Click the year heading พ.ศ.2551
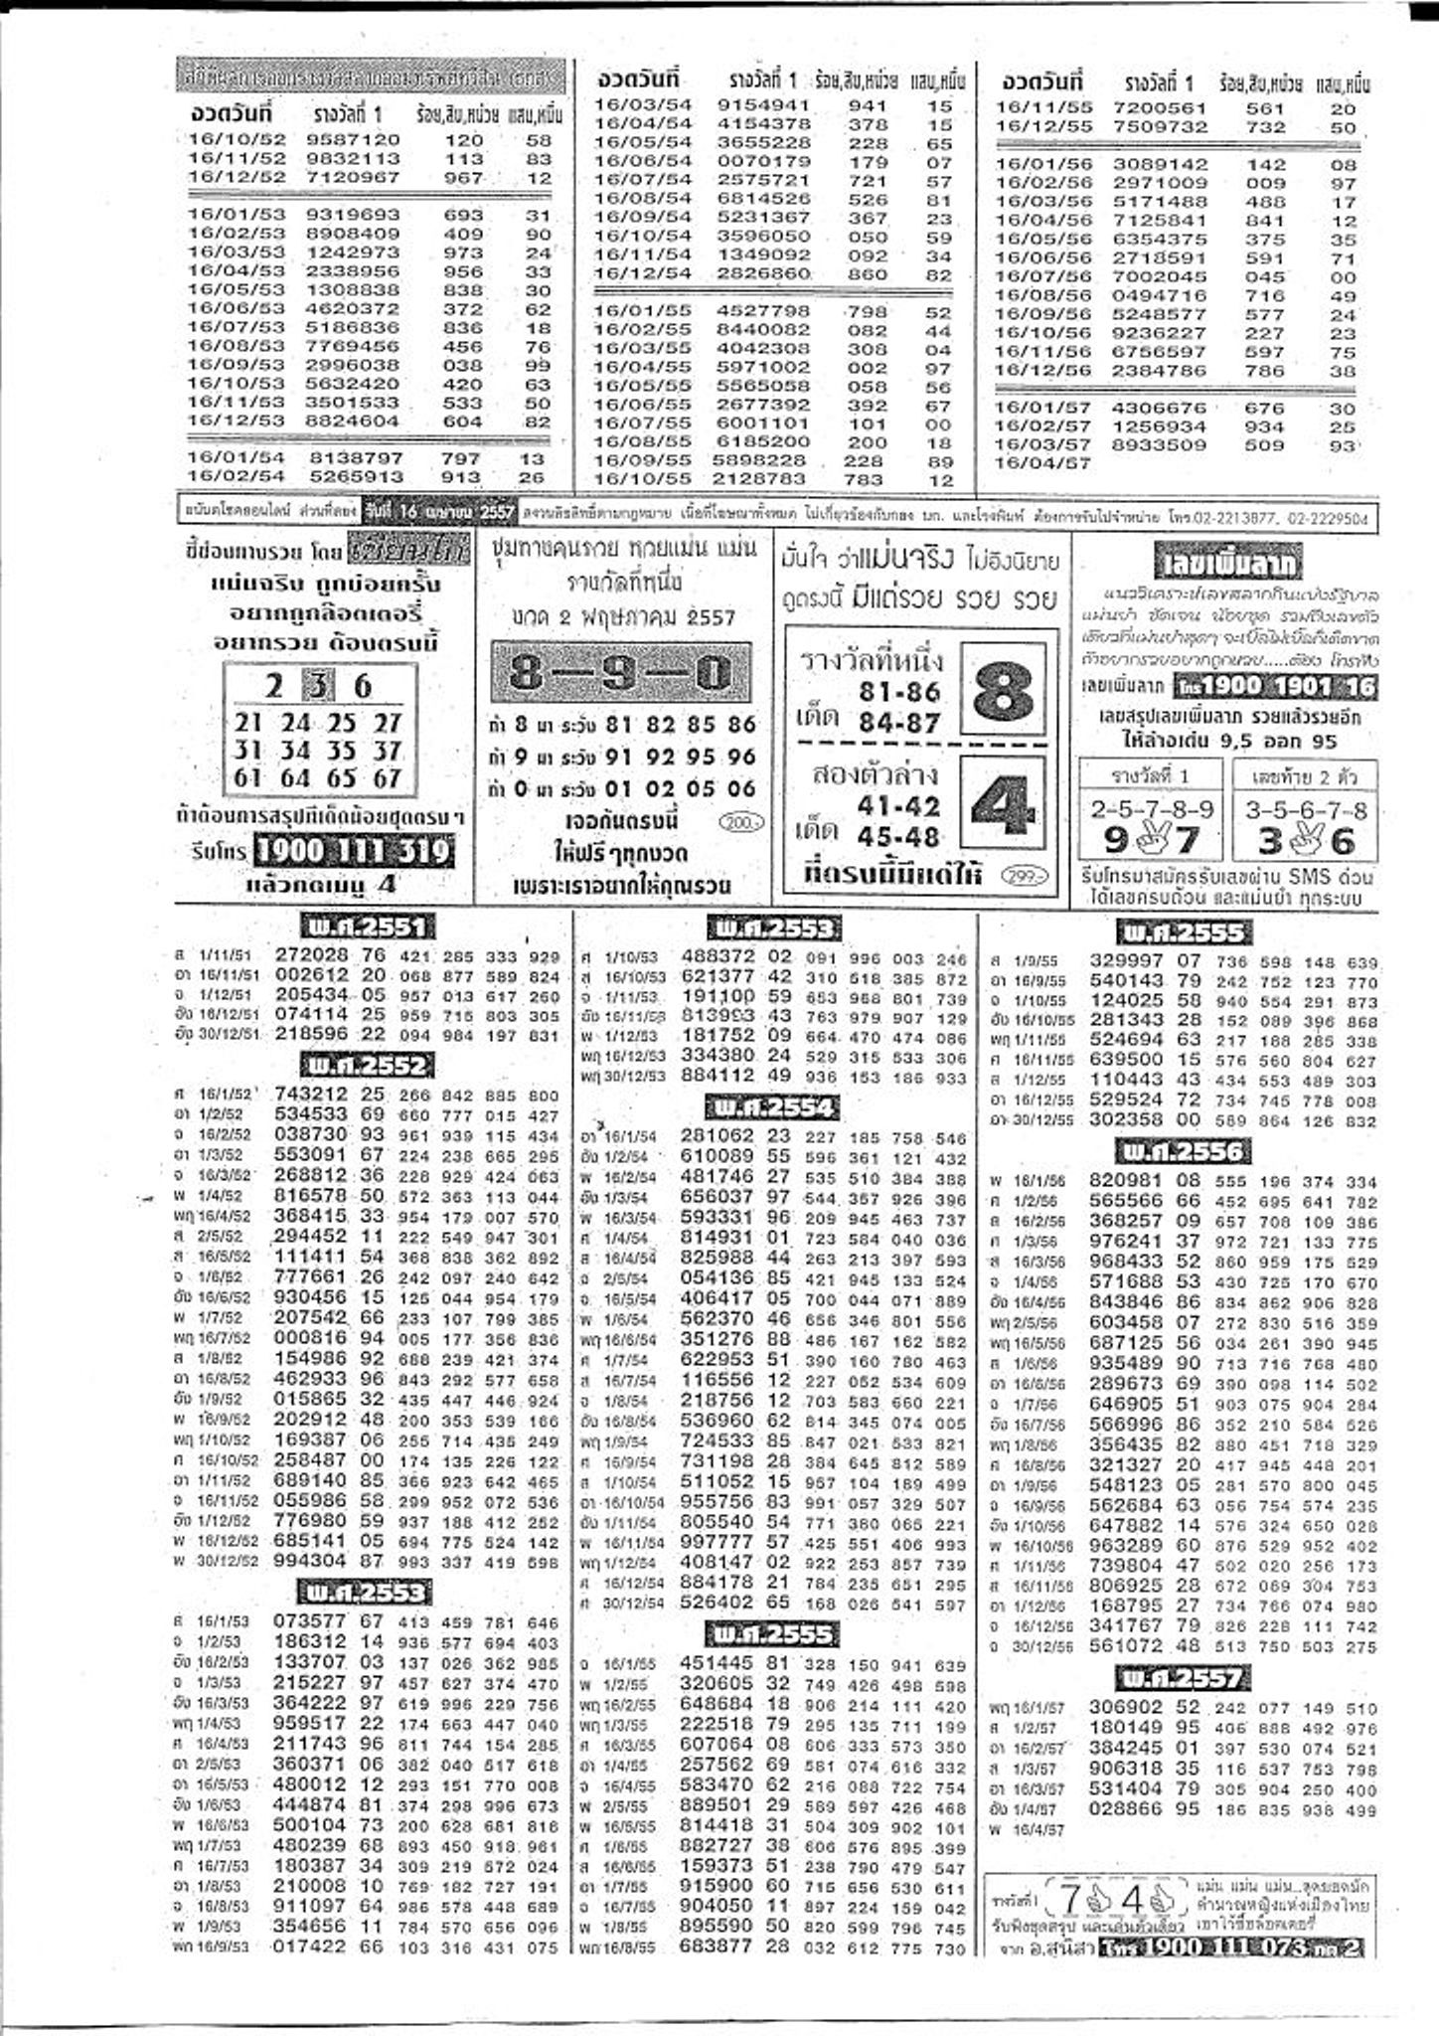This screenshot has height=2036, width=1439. point(367,928)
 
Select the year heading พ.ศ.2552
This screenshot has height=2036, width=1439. point(367,1067)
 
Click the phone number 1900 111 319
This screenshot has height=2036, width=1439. point(353,851)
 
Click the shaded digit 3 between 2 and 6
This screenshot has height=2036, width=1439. point(317,686)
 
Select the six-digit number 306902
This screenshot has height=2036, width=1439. point(1126,1708)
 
